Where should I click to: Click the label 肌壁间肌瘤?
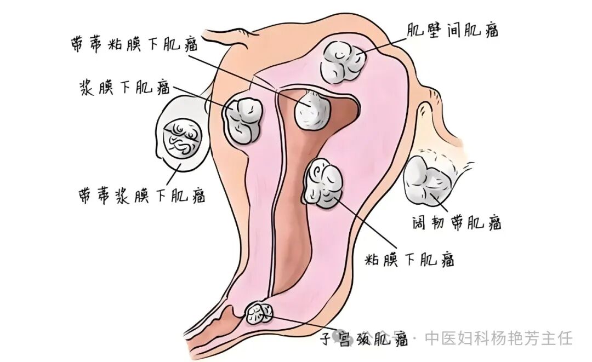[452, 30]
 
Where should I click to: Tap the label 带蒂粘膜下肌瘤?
[135, 44]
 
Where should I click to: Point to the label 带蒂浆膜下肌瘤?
[141, 194]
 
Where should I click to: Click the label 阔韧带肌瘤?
[457, 222]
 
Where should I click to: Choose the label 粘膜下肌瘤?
[410, 258]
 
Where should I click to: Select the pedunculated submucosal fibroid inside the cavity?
[312, 110]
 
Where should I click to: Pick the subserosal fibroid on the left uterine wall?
[243, 120]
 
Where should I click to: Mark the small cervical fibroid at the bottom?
[259, 314]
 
